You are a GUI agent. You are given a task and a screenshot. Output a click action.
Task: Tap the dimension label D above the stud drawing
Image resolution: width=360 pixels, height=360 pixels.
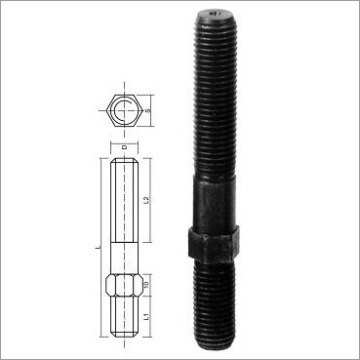pos(124,147)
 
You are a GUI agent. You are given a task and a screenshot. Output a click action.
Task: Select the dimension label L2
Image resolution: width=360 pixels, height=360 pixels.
pos(144,202)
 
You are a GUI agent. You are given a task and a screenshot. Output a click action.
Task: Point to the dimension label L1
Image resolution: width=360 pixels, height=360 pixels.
pos(144,318)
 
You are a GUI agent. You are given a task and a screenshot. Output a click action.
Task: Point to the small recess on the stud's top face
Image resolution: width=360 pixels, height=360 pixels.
pos(213,16)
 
